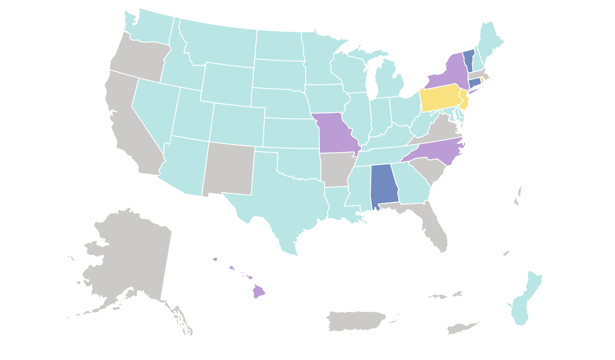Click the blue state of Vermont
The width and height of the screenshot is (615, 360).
[469, 60]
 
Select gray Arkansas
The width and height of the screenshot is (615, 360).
[335, 170]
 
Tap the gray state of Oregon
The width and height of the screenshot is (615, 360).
[137, 58]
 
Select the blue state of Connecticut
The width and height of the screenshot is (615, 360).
[474, 82]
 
